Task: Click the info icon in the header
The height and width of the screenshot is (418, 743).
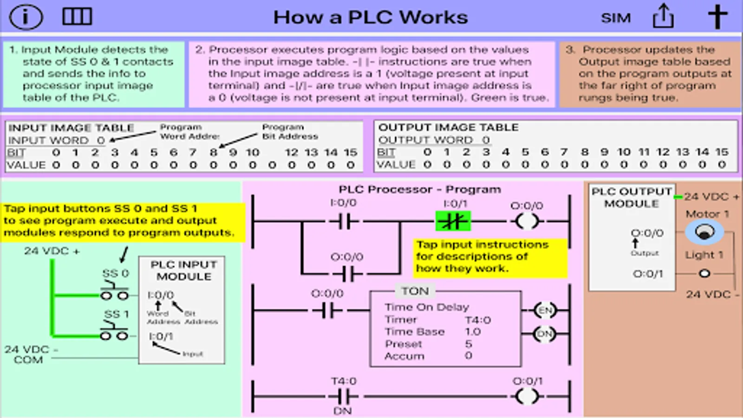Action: [x=26, y=17]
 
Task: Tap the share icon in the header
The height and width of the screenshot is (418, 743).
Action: [x=663, y=17]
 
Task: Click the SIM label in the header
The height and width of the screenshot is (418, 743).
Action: [x=616, y=18]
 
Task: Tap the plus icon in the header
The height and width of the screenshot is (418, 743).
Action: [x=717, y=17]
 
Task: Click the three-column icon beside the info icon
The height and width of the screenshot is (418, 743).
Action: [x=77, y=17]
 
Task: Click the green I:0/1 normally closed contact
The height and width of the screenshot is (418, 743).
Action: [x=453, y=222]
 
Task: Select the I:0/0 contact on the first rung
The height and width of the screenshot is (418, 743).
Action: [x=344, y=222]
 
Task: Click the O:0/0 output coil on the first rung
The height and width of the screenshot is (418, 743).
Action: [x=527, y=222]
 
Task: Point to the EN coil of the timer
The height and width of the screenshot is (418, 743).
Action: [x=545, y=310]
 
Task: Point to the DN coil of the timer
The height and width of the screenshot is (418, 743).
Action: [x=545, y=334]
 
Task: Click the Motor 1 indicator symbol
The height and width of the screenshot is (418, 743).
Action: [x=704, y=231]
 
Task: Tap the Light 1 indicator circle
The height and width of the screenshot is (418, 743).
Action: [x=704, y=274]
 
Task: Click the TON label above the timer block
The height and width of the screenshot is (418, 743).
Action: [x=415, y=291]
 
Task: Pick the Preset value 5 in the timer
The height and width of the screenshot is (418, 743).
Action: [x=469, y=344]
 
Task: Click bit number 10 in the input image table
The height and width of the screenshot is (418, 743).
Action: [x=253, y=152]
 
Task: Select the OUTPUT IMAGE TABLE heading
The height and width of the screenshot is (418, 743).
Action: [x=448, y=127]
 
